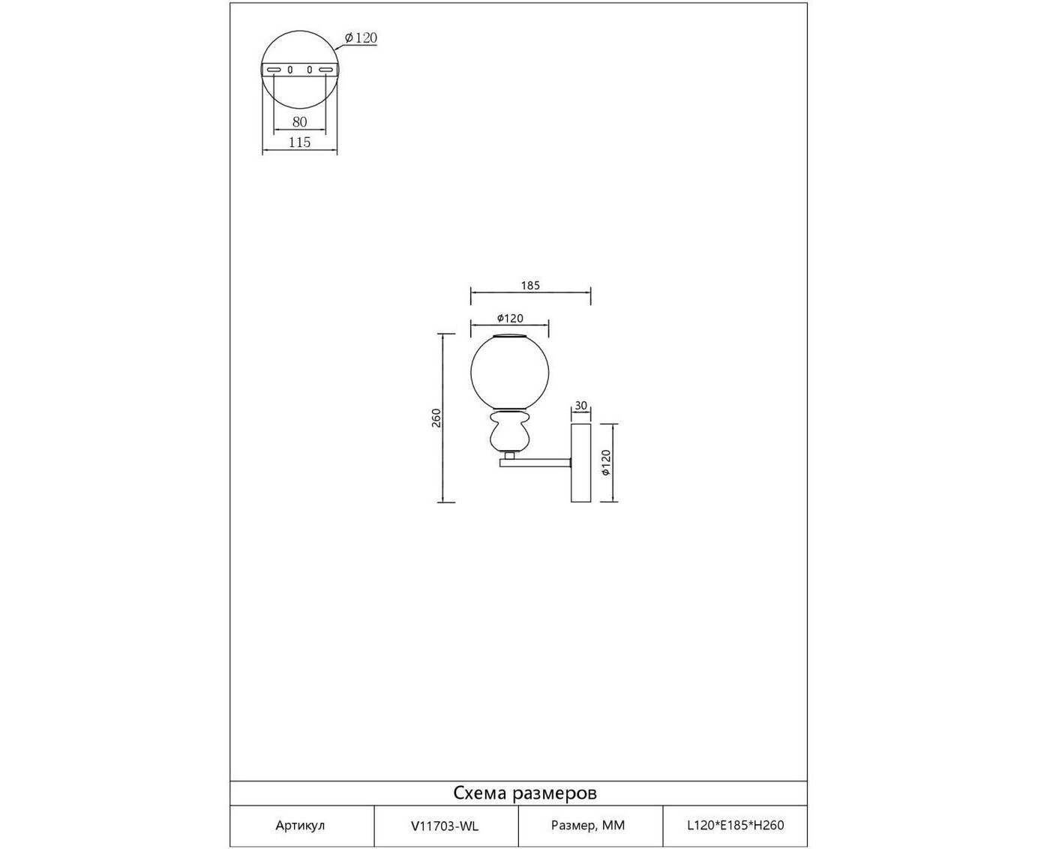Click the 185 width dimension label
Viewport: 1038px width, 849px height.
coord(530,286)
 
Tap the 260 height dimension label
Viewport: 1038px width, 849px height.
coord(436,418)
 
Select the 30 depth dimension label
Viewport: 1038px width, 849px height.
coord(580,406)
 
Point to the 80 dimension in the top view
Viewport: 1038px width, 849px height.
coord(299,121)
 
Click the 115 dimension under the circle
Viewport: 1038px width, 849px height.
coord(299,142)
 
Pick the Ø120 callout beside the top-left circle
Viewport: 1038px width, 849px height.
coord(361,38)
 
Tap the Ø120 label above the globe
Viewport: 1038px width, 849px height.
coord(510,319)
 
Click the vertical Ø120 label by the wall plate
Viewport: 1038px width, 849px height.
coord(606,463)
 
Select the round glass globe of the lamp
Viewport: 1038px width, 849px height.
coord(509,373)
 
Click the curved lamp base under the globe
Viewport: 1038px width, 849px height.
coord(509,432)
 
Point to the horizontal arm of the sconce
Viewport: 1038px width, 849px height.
coord(535,463)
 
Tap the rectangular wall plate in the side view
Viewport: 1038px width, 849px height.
coord(580,463)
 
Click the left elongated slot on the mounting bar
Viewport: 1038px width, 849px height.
coord(274,70)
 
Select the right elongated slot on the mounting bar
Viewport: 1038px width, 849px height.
coord(325,70)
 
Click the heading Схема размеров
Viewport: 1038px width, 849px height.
coord(525,793)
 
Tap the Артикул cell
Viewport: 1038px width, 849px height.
coord(300,826)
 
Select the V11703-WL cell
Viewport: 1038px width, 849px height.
coord(445,826)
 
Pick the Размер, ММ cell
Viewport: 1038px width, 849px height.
coord(588,826)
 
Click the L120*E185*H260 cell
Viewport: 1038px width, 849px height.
coord(735,826)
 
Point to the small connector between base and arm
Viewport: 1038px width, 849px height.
coord(509,456)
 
